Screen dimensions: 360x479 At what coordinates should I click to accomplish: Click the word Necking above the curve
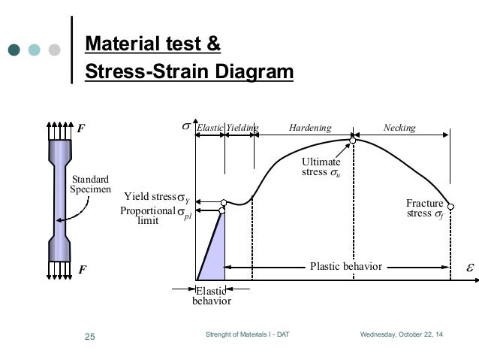399,129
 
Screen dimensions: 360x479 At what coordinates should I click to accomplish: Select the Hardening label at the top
309,129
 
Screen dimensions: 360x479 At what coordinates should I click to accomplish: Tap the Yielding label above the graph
242,129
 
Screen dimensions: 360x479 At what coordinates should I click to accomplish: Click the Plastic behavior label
346,265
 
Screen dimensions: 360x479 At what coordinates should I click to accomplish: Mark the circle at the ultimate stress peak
351,140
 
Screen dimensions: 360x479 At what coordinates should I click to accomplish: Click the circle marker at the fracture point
450,205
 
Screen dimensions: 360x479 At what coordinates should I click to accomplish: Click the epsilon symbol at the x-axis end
471,266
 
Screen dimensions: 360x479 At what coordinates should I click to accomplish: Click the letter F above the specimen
80,129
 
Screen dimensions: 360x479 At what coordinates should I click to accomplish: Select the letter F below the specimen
80,268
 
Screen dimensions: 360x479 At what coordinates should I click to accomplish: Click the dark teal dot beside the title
14,50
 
